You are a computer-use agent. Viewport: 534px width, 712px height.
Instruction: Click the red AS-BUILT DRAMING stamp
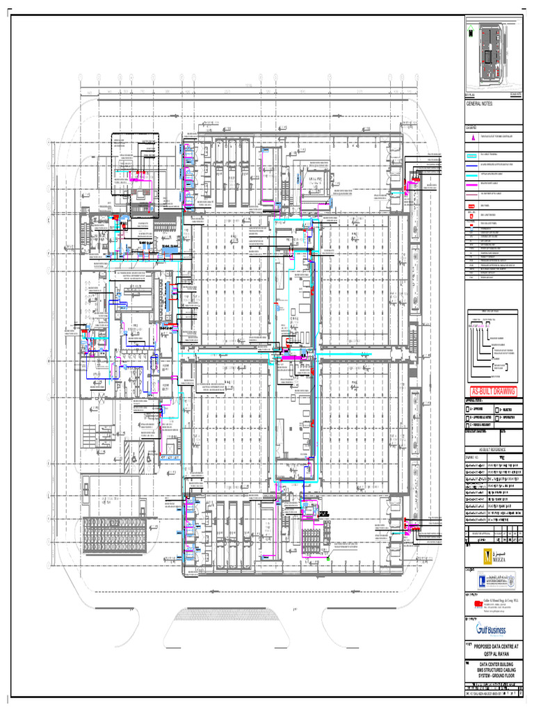click(x=493, y=391)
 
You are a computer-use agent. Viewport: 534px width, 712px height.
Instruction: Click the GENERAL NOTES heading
click(x=482, y=103)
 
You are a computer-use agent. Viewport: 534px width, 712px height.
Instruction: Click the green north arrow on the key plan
click(x=470, y=31)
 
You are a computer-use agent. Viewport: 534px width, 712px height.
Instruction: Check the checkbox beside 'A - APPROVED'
click(x=468, y=410)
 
